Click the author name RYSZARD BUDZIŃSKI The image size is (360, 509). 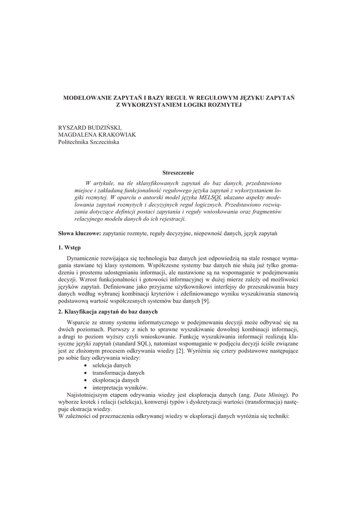click(x=90, y=128)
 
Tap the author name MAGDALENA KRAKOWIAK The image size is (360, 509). click(x=97, y=135)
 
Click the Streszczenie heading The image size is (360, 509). click(x=180, y=172)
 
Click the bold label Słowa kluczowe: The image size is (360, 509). click(x=80, y=233)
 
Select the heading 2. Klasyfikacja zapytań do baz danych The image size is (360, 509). click(x=108, y=312)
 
